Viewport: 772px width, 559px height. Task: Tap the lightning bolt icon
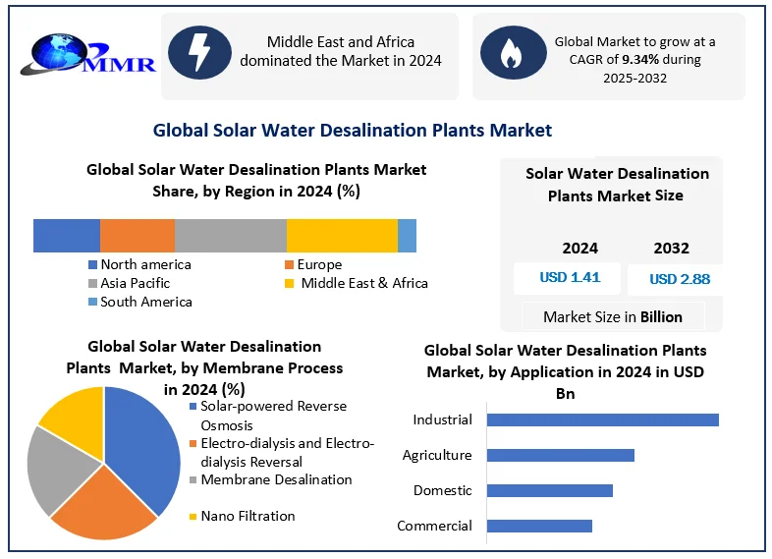point(200,52)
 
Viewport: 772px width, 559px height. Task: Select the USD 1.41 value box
point(570,278)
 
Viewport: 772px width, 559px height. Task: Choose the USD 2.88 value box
point(679,279)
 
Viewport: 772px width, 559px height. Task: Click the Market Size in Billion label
point(612,316)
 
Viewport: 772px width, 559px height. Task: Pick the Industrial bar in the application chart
point(602,419)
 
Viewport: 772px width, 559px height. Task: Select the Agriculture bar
point(560,455)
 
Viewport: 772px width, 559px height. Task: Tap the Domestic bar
point(549,490)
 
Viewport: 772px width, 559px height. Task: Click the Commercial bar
point(539,526)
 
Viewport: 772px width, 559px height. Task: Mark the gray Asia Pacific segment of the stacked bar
point(230,236)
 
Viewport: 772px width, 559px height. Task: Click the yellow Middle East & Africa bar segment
point(342,236)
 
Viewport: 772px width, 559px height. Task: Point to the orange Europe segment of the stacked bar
point(137,236)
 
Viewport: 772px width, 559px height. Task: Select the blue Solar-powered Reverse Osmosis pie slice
point(144,442)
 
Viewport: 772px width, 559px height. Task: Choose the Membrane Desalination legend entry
point(275,479)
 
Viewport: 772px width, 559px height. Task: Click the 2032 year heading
point(671,248)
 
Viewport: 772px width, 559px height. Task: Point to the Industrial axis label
point(442,419)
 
